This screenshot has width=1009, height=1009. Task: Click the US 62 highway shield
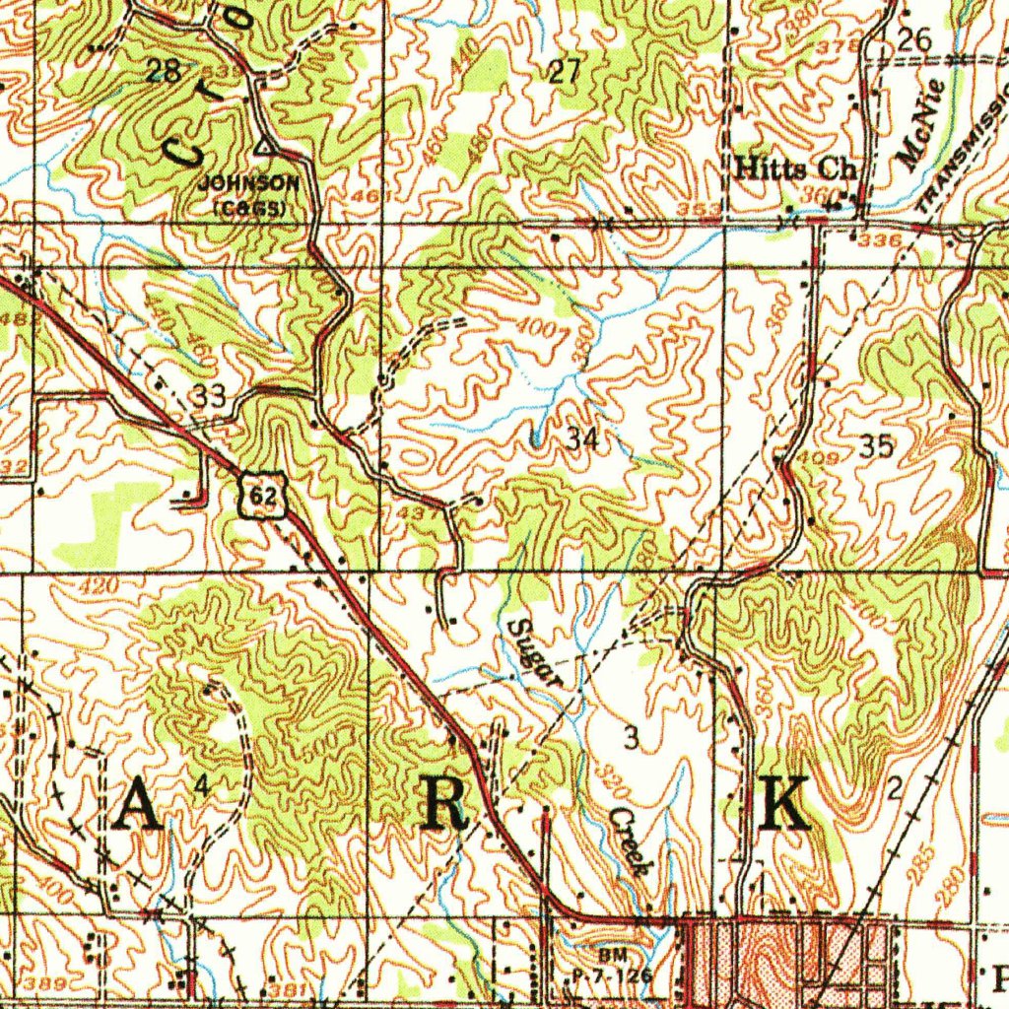[263, 496]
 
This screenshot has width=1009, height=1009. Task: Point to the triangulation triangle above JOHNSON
[263, 148]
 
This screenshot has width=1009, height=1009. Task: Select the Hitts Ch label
[796, 168]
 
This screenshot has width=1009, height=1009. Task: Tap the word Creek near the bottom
[629, 843]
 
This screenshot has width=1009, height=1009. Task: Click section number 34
[582, 439]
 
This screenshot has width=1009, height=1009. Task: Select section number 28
[163, 70]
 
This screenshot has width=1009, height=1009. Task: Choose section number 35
[876, 447]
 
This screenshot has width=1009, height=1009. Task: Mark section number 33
[210, 397]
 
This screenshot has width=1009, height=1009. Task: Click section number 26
[913, 39]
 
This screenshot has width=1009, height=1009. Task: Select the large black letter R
[444, 806]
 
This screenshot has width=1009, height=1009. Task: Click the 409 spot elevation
[825, 458]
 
